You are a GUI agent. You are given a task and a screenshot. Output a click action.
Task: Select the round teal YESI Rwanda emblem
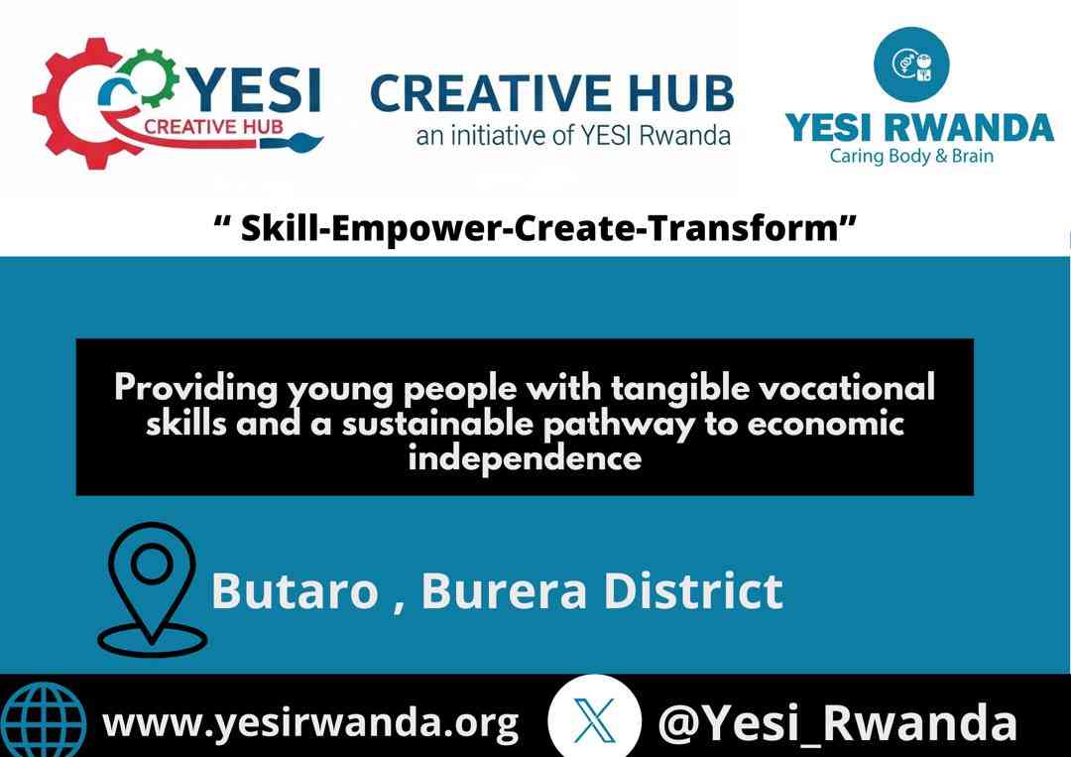click(x=911, y=64)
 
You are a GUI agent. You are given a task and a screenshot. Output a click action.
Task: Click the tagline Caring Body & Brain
click(x=911, y=157)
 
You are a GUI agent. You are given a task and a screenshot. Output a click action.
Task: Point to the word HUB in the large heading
click(x=681, y=93)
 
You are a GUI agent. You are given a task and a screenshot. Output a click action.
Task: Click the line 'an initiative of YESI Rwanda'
click(x=573, y=135)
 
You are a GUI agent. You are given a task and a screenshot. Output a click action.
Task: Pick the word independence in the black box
click(x=525, y=457)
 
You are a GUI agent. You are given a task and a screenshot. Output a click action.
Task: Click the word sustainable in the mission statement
click(x=437, y=424)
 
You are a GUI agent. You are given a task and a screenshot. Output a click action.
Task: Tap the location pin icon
click(x=152, y=589)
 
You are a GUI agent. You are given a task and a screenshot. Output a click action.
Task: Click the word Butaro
click(x=295, y=591)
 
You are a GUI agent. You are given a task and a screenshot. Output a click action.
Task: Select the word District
click(x=693, y=591)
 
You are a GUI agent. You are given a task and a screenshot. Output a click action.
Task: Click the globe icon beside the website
click(x=44, y=719)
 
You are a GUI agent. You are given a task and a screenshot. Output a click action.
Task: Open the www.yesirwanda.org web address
click(x=310, y=723)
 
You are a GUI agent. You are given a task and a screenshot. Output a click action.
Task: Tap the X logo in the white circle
click(x=594, y=720)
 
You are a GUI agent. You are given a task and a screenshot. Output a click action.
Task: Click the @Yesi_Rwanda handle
click(x=837, y=723)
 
